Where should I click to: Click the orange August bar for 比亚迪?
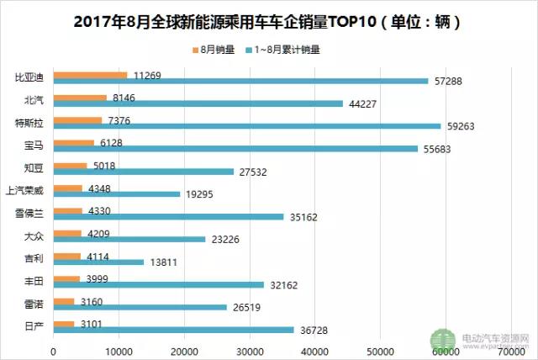tap(90, 75)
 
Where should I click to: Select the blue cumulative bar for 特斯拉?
tap(247, 126)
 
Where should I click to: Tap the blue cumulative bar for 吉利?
tap(98, 262)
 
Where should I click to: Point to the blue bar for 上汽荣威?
tap(116, 194)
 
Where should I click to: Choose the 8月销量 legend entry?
tap(207, 49)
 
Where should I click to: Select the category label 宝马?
tap(35, 146)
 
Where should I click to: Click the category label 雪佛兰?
tap(30, 214)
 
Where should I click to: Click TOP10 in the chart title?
tap(340, 19)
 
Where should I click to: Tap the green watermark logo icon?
tap(443, 340)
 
